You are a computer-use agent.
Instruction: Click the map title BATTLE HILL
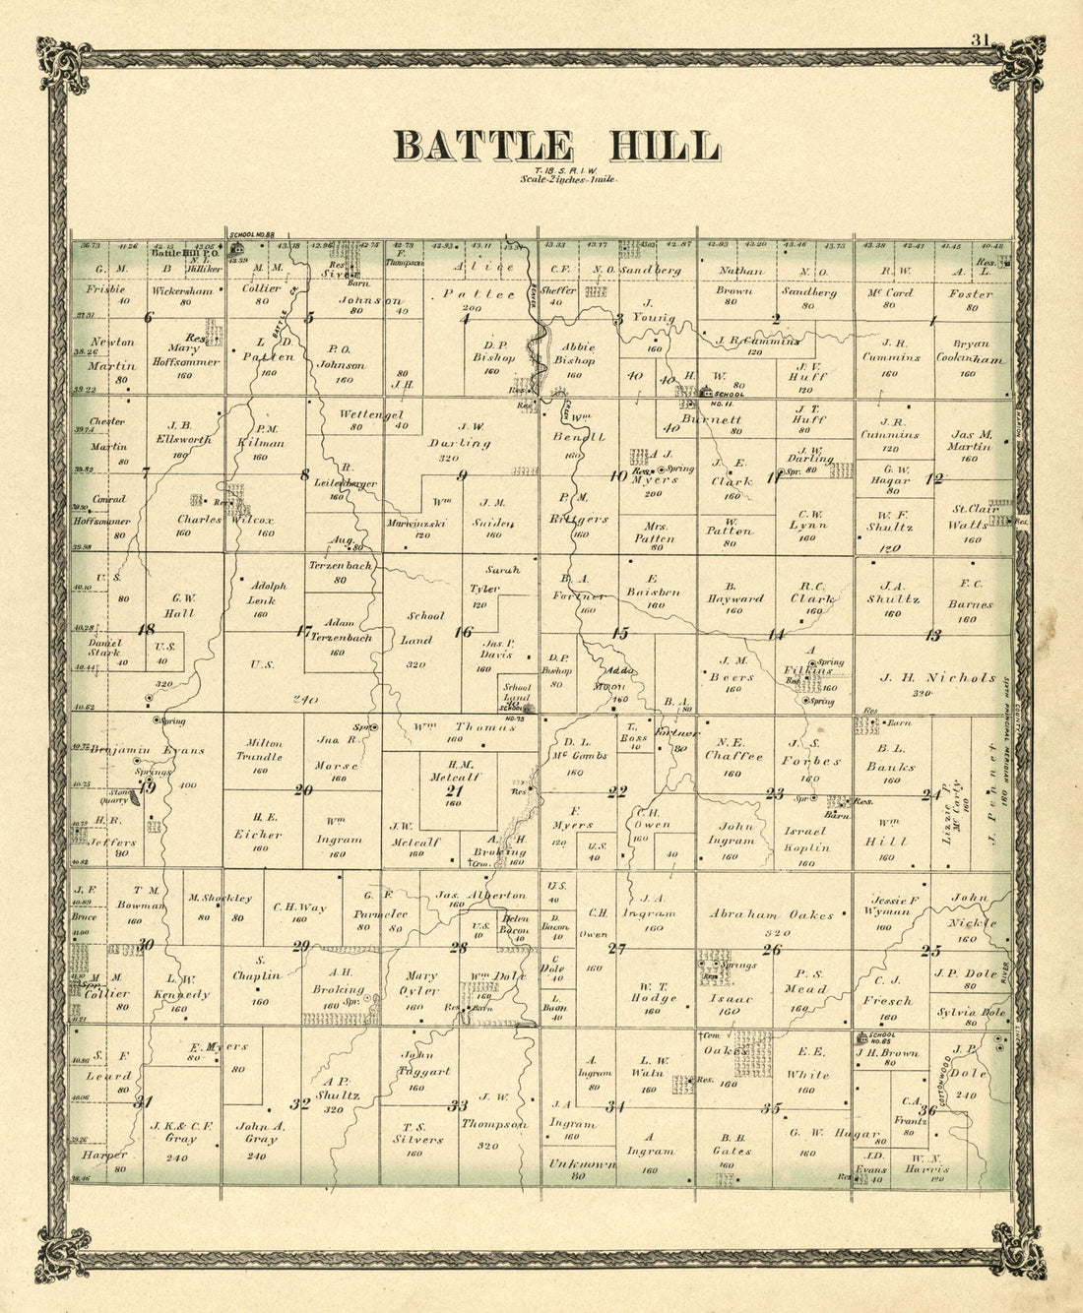click(557, 146)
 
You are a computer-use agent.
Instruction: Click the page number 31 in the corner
click(979, 40)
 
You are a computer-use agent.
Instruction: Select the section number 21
click(454, 790)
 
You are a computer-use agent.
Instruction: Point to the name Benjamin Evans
click(148, 750)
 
